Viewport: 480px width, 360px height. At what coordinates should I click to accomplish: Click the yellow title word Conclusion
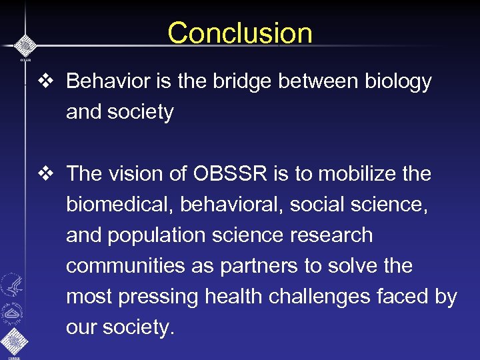[x=239, y=33]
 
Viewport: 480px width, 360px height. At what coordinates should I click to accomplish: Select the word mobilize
[x=354, y=174]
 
